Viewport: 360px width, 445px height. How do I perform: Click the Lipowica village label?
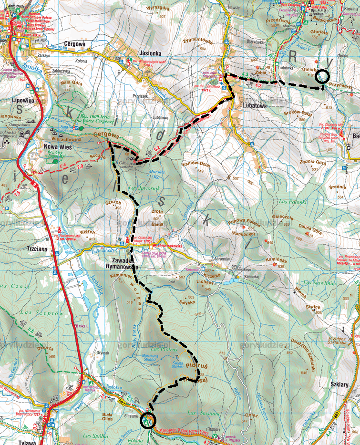click(15, 102)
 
